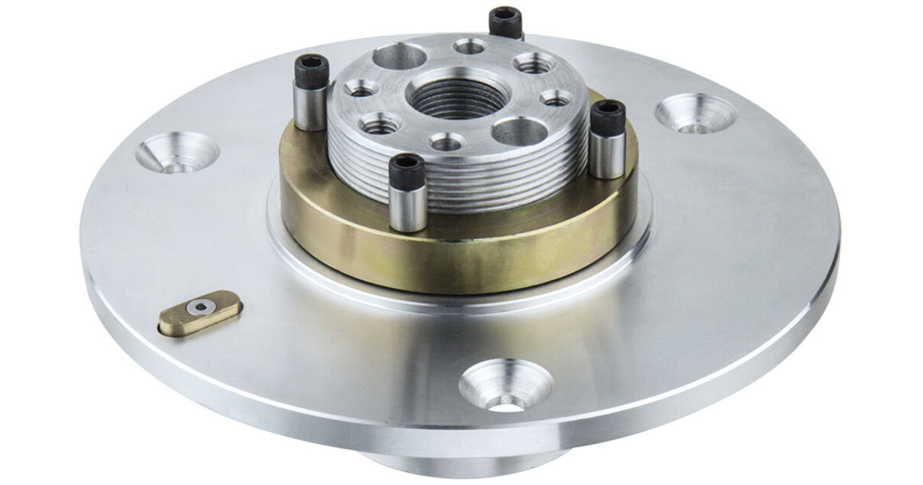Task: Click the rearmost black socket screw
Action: (x=505, y=21)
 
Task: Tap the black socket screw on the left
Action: (x=312, y=72)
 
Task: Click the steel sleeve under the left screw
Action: (x=311, y=109)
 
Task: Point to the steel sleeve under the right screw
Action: (x=606, y=155)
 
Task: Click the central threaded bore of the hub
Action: (x=448, y=96)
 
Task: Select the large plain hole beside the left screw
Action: (x=400, y=56)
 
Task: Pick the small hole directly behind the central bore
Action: (x=470, y=47)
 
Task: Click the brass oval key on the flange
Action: (x=200, y=312)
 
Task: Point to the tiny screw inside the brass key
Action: (x=201, y=307)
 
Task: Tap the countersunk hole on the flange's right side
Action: (x=695, y=114)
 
